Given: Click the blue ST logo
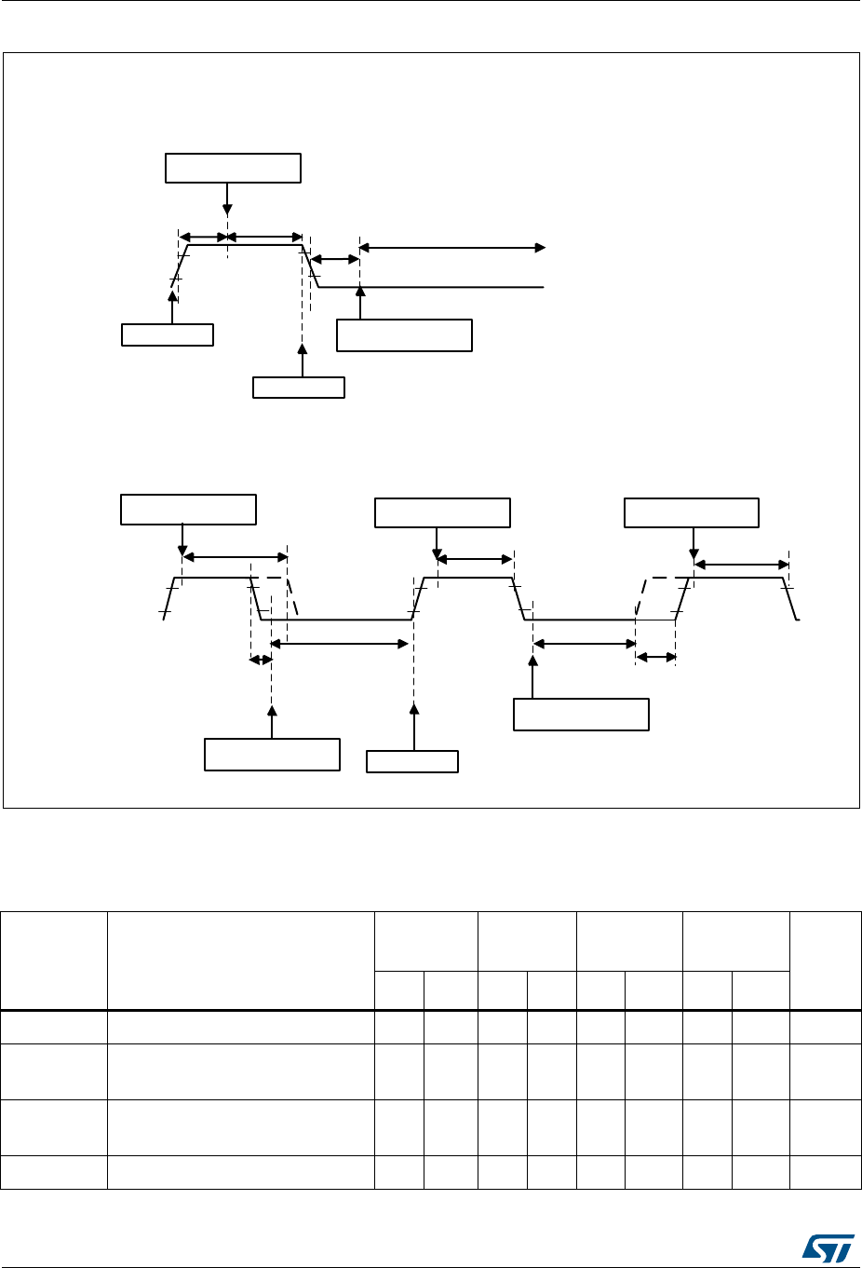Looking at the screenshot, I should click(827, 1244).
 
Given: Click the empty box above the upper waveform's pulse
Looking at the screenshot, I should click(233, 168).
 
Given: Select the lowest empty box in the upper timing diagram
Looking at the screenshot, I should click(299, 388).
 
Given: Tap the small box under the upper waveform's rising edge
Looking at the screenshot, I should click(168, 334).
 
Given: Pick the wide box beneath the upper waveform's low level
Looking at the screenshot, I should click(404, 335).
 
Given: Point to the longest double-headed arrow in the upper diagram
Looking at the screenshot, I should click(452, 248).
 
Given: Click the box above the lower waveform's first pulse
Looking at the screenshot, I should click(188, 510).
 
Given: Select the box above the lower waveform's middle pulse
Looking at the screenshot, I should click(442, 513).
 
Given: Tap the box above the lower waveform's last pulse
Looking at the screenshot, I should click(691, 513).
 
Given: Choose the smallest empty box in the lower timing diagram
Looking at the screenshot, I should click(412, 761).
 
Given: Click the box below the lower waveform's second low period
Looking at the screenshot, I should click(581, 714).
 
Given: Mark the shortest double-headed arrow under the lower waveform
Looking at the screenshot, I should click(261, 660).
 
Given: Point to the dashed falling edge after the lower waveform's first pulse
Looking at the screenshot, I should click(292, 598).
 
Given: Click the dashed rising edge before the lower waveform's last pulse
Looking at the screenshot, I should click(642, 598).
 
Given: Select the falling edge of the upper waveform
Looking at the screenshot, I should click(312, 267).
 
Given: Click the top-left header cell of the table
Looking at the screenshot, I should click(54, 961).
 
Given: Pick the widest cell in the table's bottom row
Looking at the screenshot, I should click(240, 1173).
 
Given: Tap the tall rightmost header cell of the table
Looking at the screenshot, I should click(825, 961).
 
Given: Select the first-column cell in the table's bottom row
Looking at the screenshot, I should click(54, 1173).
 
